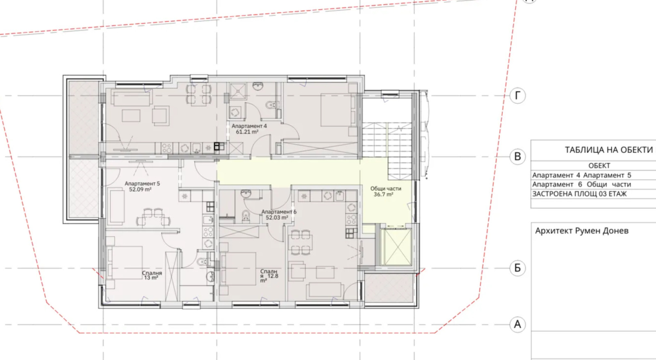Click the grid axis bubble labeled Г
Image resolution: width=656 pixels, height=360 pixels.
517,96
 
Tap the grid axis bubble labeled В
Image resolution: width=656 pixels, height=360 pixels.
517,156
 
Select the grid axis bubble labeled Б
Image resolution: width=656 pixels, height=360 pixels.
517,268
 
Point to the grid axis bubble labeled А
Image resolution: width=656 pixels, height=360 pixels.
517,325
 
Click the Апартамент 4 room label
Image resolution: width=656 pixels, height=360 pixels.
249,126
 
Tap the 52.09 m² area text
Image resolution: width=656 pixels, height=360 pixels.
140,189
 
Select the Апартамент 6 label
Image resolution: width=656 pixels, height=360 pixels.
279,212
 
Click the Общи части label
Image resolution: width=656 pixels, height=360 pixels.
386,189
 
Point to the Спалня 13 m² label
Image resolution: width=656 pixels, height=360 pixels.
152,276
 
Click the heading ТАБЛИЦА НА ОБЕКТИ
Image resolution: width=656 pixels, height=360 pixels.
608,150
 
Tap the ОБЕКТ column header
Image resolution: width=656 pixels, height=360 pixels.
599,166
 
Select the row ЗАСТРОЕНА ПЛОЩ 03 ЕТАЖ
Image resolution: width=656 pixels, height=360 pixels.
579,194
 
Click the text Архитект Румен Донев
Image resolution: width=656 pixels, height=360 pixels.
582,231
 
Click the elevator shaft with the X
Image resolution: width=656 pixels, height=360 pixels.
396,247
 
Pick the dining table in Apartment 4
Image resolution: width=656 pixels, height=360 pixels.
199,94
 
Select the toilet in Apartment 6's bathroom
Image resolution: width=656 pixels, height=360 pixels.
246,216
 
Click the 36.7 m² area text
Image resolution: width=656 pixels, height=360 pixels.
383,194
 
